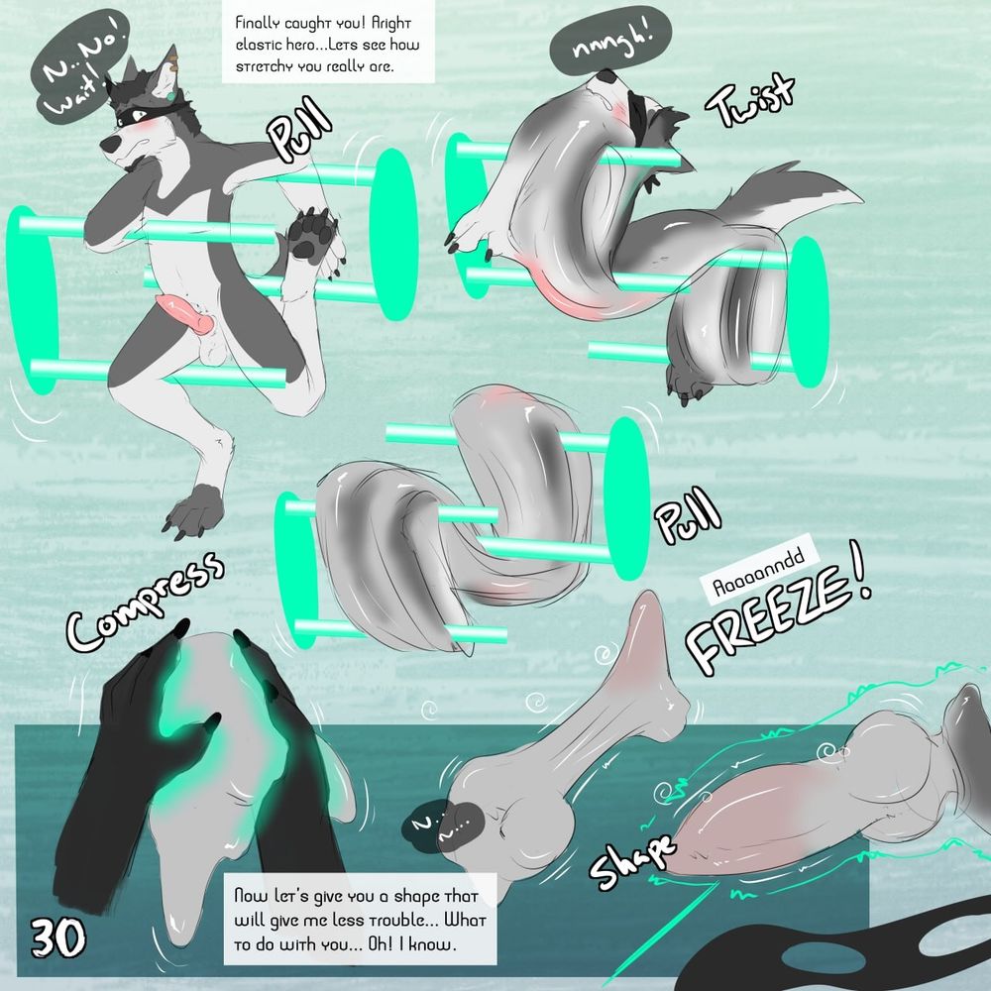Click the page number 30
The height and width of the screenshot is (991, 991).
(58, 938)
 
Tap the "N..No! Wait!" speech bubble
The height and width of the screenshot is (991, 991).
(80, 67)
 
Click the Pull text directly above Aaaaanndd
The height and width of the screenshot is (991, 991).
(688, 516)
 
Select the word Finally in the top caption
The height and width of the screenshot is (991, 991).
(259, 23)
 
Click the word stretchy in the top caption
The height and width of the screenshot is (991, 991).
(266, 66)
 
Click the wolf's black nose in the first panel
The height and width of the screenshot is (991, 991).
(111, 145)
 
